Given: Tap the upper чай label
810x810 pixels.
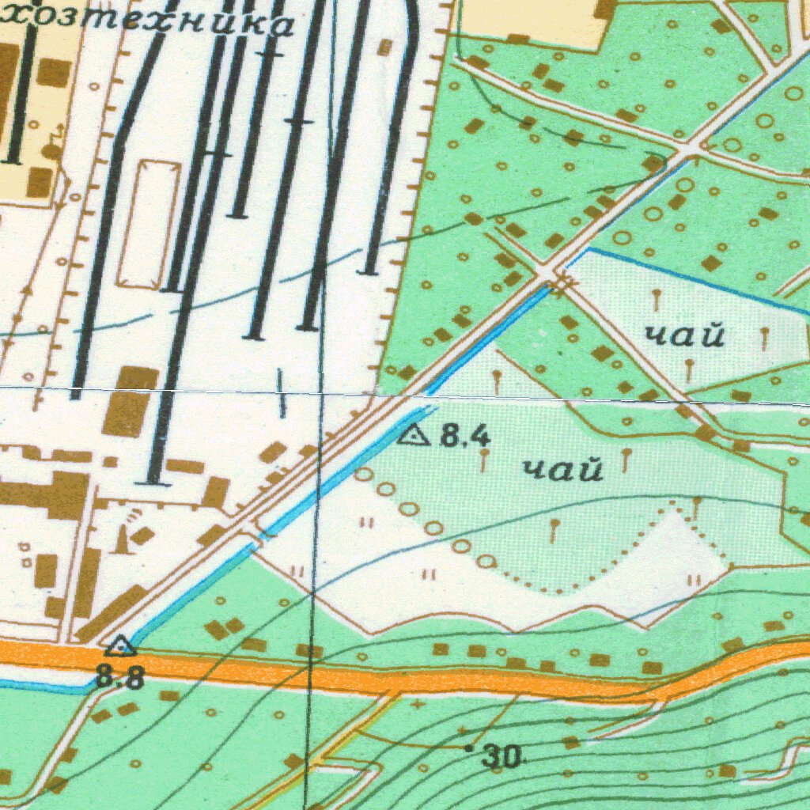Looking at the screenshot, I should (685, 336).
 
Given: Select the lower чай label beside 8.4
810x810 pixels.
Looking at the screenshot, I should (563, 470).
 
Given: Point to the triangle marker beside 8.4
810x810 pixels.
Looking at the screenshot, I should (414, 434).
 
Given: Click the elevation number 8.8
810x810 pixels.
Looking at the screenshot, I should (121, 677).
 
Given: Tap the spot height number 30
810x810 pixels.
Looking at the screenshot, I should (504, 758).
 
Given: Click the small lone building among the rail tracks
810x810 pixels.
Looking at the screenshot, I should (384, 47).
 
